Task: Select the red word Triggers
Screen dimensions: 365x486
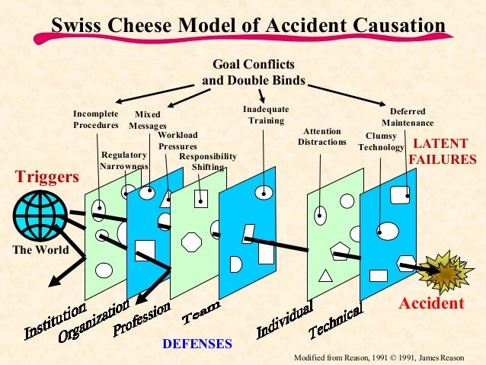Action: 47,178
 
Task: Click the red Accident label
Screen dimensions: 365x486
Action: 431,303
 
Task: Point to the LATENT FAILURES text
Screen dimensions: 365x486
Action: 443,151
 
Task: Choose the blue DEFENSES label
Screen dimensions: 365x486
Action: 197,344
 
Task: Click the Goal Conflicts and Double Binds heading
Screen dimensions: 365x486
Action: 254,72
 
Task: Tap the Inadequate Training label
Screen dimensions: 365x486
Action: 265,115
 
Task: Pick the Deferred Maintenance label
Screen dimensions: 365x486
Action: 408,117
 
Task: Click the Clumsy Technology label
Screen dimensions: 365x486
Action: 380,141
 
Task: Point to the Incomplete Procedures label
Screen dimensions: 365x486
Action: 96,120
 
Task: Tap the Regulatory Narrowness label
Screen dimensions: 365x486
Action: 124,160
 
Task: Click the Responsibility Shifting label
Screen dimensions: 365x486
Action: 207,162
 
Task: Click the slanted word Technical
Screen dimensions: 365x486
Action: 336,322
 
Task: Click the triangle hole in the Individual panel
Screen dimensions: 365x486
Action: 325,275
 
